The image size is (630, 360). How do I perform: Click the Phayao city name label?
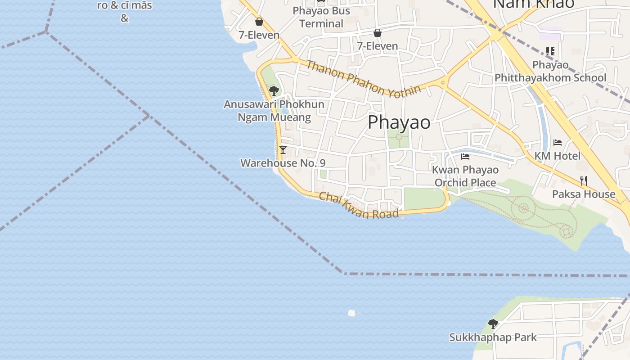click(x=399, y=122)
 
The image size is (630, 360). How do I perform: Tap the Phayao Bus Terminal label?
click(x=321, y=17)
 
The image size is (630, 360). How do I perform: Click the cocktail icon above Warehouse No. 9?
click(x=283, y=150)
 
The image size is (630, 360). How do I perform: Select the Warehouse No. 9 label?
click(x=283, y=163)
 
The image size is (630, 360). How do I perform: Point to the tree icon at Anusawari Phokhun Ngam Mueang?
click(x=274, y=91)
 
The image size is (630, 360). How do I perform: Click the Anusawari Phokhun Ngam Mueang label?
click(x=274, y=111)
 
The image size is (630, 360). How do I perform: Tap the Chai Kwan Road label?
click(x=359, y=205)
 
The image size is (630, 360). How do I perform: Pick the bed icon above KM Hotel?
click(x=558, y=143)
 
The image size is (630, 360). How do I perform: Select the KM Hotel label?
click(x=558, y=156)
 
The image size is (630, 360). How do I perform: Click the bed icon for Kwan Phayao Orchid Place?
click(x=465, y=157)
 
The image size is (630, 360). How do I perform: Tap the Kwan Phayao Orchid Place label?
click(x=465, y=176)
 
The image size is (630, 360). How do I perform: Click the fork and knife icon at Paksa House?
click(x=584, y=181)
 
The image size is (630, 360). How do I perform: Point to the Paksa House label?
click(x=584, y=194)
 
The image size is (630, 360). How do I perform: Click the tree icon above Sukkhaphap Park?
click(x=493, y=324)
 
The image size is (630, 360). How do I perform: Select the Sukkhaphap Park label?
click(x=493, y=337)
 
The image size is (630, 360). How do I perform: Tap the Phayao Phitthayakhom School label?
click(x=550, y=71)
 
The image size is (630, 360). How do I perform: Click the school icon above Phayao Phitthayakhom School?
click(x=550, y=51)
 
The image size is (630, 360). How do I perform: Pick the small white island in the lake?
click(x=352, y=313)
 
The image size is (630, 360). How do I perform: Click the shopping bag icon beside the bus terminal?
click(x=259, y=22)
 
